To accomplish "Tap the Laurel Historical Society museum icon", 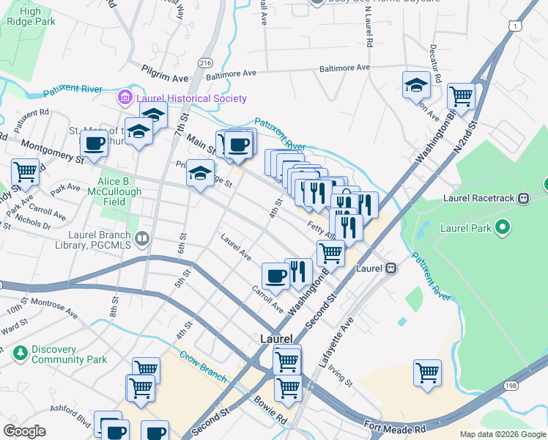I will pos(125,98).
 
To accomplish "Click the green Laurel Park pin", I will pos(502,227).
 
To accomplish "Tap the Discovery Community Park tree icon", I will pos(21,353).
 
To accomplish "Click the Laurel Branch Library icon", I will pos(142,238).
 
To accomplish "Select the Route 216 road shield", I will pos(205,63).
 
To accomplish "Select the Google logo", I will pos(24,431).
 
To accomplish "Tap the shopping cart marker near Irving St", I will pos(427,372).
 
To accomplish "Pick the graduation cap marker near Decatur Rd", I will pos(416,85).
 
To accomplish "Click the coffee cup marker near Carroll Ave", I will pos(275,276).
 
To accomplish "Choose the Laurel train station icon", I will pos(392,268).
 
